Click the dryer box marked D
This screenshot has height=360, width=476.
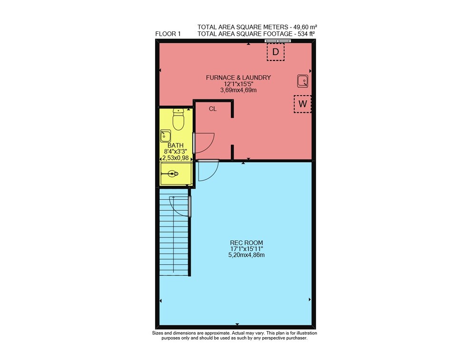click(275, 52)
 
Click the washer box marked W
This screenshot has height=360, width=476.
click(302, 104)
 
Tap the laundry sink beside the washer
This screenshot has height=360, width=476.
click(302, 81)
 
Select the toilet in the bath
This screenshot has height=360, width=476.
click(178, 119)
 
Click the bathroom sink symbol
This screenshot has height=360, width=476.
click(166, 136)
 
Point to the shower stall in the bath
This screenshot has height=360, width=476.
click(176, 174)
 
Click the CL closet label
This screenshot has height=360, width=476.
click(213, 108)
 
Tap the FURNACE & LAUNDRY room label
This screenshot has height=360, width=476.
click(238, 78)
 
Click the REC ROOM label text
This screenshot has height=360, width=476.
click(246, 243)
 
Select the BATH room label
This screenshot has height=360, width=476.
click(176, 146)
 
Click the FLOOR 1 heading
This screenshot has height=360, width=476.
click(168, 34)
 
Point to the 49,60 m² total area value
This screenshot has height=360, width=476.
click(304, 27)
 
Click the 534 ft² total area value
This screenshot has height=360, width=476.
click(305, 34)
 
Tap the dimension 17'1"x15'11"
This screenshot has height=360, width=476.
click(246, 249)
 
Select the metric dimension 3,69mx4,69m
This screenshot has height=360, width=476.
click(238, 90)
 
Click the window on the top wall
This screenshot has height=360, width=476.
click(278, 40)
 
